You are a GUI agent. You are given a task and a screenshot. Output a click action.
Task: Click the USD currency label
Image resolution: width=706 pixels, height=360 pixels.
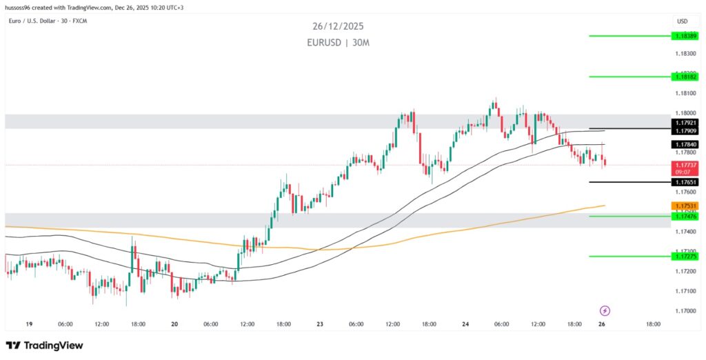(x=683, y=21)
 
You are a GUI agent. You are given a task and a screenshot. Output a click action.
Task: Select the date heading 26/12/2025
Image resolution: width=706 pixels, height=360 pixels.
(x=337, y=26)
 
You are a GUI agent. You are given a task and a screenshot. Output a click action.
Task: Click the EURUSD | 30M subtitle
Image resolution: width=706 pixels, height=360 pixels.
(x=337, y=42)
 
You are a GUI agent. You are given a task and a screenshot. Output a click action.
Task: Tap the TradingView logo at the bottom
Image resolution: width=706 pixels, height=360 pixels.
(x=44, y=345)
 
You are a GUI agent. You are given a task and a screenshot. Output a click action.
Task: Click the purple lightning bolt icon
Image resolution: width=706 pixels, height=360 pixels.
(x=605, y=311)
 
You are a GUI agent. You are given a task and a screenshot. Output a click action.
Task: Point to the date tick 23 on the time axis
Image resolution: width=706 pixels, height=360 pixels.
(x=320, y=324)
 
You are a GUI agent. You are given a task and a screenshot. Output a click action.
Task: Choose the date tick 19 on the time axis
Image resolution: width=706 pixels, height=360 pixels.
(x=28, y=324)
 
